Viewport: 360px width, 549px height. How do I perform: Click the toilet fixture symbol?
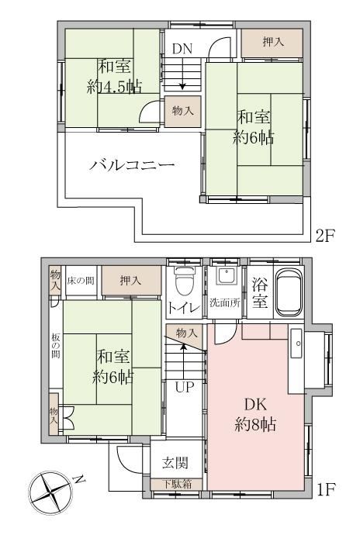184,281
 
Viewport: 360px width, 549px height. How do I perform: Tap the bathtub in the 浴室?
288,292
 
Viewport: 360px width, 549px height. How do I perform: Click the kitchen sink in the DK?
296,344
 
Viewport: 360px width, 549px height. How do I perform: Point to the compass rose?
50,493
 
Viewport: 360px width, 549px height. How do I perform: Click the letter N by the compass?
80,479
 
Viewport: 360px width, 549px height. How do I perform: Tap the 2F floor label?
325,236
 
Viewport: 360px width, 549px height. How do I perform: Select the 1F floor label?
325,489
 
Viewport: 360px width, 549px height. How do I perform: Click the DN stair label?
182,49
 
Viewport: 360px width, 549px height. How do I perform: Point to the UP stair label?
185,387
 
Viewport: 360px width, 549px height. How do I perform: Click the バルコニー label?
132,164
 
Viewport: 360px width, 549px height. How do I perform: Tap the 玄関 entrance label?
175,463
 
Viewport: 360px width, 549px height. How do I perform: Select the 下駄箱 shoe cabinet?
176,485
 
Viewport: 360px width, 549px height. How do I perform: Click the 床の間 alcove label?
81,281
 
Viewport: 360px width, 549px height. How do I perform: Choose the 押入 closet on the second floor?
272,43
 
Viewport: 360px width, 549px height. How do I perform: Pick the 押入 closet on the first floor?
131,281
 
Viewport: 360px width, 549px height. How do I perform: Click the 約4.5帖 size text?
114,86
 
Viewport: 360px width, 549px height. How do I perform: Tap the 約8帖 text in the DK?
255,425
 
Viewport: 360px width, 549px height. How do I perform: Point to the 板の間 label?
56,346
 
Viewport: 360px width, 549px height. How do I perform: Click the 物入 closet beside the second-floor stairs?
183,112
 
